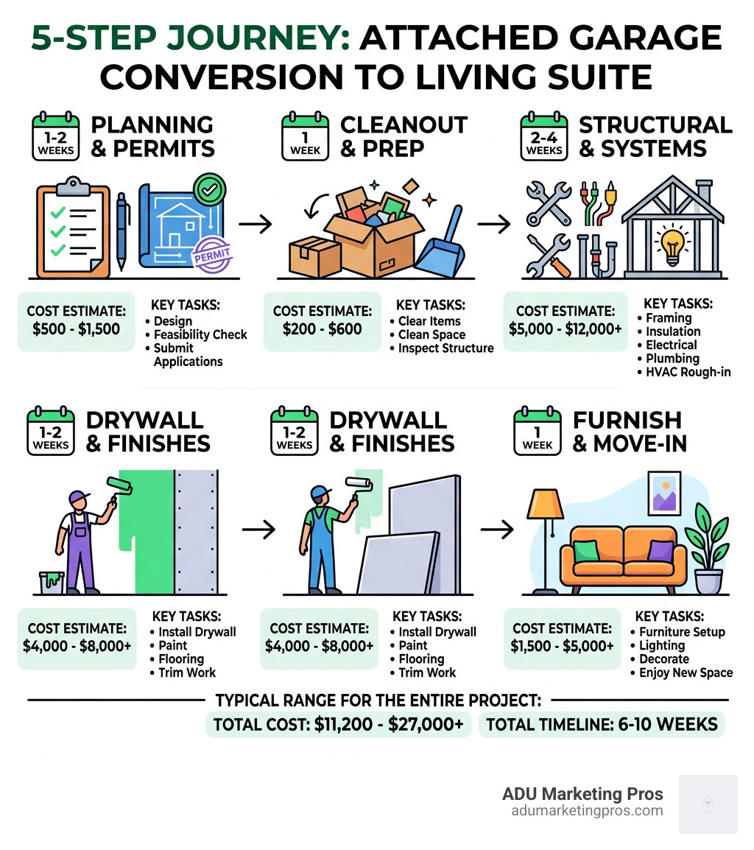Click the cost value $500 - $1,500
[77, 329]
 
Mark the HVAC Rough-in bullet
[688, 372]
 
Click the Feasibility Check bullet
[200, 334]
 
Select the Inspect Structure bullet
[445, 348]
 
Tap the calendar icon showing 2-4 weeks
[545, 136]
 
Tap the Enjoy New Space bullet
[686, 672]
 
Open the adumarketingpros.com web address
[586, 811]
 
